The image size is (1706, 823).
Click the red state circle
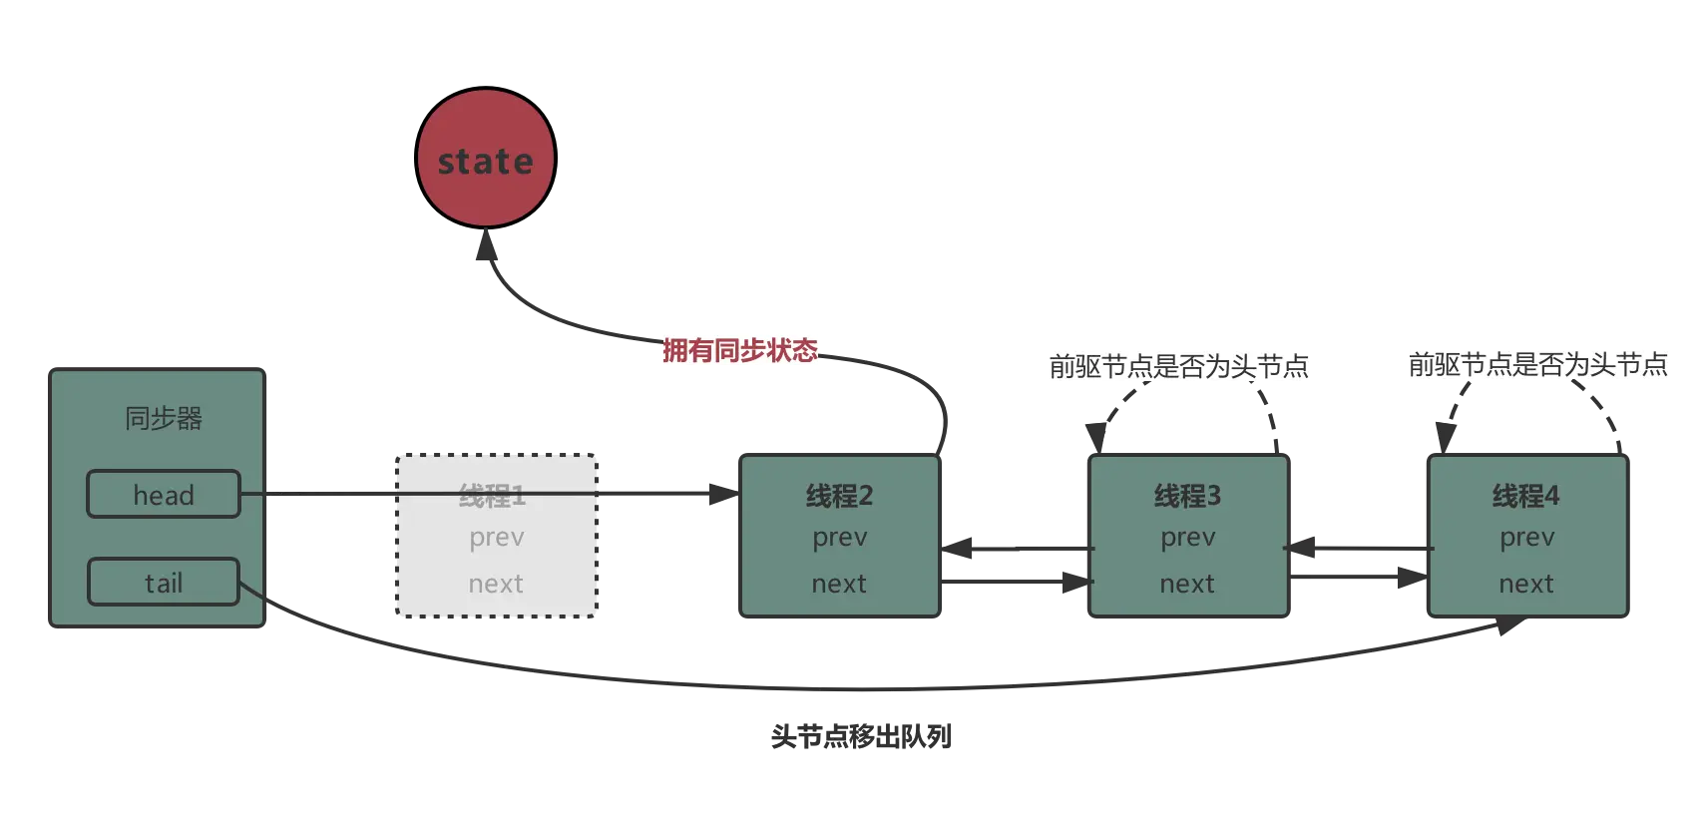(x=486, y=159)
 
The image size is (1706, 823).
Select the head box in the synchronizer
(x=164, y=495)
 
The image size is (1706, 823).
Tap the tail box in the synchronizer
(x=164, y=583)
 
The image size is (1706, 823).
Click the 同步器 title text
(x=164, y=418)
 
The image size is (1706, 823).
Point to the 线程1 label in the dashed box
(x=492, y=496)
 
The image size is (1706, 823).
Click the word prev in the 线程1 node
(x=497, y=538)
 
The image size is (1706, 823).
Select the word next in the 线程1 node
(x=496, y=584)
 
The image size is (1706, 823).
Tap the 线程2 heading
(x=839, y=496)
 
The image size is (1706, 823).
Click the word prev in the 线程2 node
(x=839, y=538)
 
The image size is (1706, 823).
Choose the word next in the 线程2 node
(x=839, y=584)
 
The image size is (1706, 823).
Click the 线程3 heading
(x=1187, y=496)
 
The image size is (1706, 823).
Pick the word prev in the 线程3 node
(x=1187, y=538)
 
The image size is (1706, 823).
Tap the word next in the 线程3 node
(x=1187, y=584)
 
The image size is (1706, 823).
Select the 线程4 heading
(x=1525, y=496)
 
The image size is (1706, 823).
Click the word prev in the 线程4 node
(x=1526, y=538)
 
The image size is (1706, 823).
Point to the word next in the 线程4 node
(x=1526, y=584)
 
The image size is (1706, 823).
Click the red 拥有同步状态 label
(x=740, y=349)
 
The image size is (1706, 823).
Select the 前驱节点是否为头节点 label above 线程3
(x=1177, y=365)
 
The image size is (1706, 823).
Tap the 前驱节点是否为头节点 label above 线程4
(x=1536, y=364)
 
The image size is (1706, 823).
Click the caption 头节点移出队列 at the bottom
(x=862, y=736)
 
